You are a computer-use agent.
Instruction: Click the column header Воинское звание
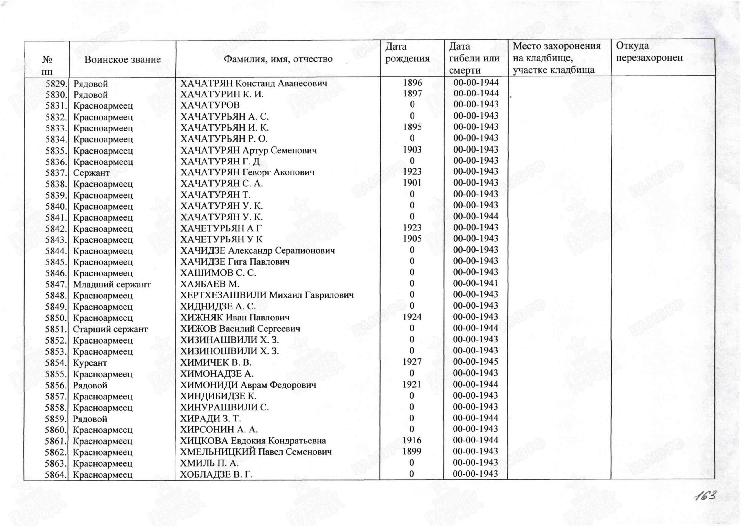click(122, 59)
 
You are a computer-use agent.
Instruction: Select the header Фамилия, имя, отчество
click(278, 59)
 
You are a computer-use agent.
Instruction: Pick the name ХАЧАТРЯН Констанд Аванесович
click(253, 83)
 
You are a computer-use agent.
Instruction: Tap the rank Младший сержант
click(111, 284)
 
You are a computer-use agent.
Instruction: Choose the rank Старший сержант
click(110, 329)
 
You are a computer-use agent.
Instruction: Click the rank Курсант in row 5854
click(90, 363)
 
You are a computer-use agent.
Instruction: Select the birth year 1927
click(412, 362)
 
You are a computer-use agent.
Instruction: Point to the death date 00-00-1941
click(476, 283)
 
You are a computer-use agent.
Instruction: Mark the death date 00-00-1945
click(476, 362)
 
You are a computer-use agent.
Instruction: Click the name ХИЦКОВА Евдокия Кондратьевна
click(253, 441)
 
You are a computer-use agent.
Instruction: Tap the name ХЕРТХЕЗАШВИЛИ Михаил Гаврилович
click(267, 295)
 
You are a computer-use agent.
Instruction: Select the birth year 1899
click(412, 451)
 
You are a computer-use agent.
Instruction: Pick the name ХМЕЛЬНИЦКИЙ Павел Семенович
click(256, 452)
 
